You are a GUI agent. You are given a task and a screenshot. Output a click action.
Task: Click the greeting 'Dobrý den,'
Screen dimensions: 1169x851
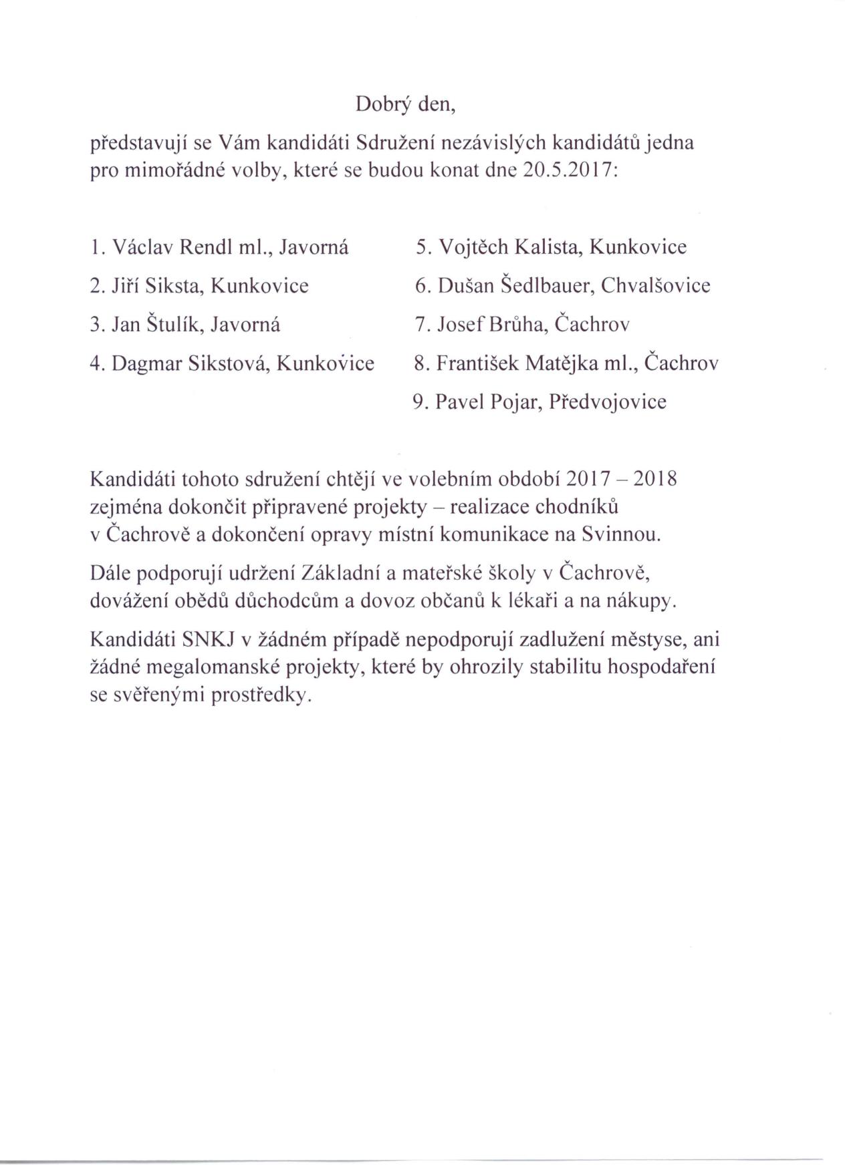[x=405, y=104]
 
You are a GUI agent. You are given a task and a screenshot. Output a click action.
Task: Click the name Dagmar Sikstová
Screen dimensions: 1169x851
[x=190, y=364]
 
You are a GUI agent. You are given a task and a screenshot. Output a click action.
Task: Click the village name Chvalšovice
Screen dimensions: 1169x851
[x=655, y=287]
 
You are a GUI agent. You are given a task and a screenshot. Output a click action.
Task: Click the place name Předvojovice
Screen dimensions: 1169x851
[x=607, y=403]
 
